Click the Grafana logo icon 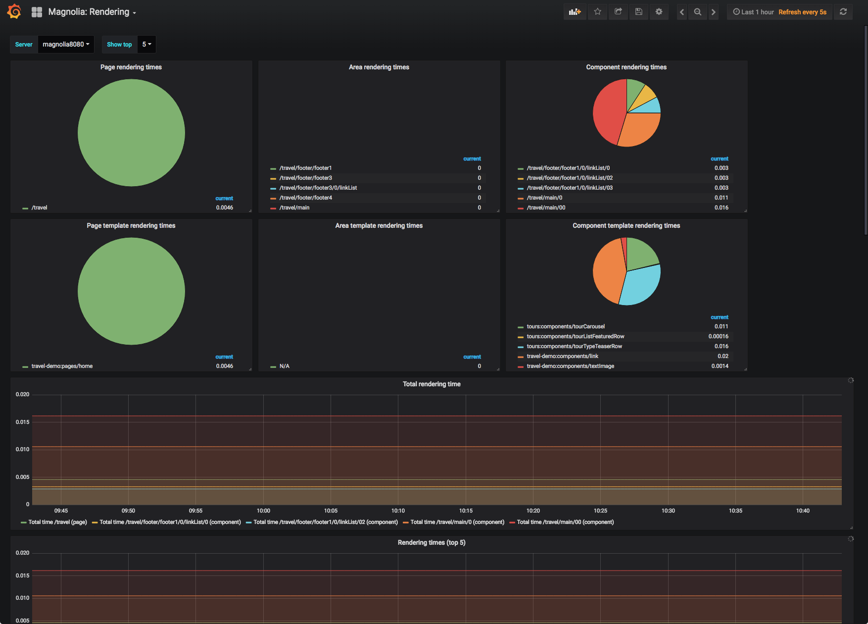click(x=14, y=11)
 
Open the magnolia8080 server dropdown click(x=66, y=45)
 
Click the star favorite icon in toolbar click(x=598, y=12)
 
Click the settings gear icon click(x=659, y=12)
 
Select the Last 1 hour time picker click(x=754, y=12)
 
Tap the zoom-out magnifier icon click(x=697, y=12)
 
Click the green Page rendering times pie click(x=131, y=133)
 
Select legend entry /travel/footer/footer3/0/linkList click(x=318, y=188)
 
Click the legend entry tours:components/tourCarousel click(x=565, y=326)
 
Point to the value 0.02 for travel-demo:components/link click(x=723, y=356)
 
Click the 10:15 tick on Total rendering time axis click(x=465, y=511)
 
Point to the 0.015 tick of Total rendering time click(x=22, y=422)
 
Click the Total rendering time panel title click(x=431, y=384)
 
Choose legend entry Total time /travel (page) click(x=57, y=522)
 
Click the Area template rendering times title click(x=379, y=225)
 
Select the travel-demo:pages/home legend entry click(x=62, y=366)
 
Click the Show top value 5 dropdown click(x=146, y=45)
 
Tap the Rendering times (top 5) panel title click(x=431, y=542)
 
